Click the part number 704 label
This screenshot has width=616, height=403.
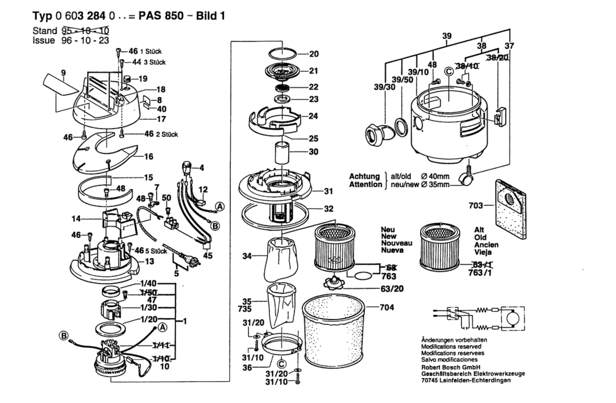pyautogui.click(x=387, y=307)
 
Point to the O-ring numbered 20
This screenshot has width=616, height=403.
pyautogui.click(x=283, y=54)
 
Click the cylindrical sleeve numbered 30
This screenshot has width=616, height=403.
pyautogui.click(x=282, y=153)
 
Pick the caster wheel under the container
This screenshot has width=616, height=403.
pyautogui.click(x=466, y=177)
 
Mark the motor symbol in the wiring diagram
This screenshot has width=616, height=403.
pyautogui.click(x=513, y=319)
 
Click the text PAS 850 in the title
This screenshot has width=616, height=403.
pyautogui.click(x=161, y=16)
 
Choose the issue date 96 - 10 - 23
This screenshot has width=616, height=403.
pyautogui.click(x=85, y=40)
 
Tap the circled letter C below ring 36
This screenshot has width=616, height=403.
pyautogui.click(x=281, y=364)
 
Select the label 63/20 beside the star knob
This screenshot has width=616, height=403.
pyautogui.click(x=392, y=289)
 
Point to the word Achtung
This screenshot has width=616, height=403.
pyautogui.click(x=364, y=176)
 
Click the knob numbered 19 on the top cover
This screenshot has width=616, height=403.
pyautogui.click(x=128, y=79)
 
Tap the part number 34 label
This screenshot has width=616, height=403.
pyautogui.click(x=247, y=256)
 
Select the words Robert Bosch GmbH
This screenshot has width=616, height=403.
pyautogui.click(x=451, y=367)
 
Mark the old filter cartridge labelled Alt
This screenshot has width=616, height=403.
pyautogui.click(x=439, y=247)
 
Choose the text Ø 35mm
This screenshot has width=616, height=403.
pyautogui.click(x=435, y=185)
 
